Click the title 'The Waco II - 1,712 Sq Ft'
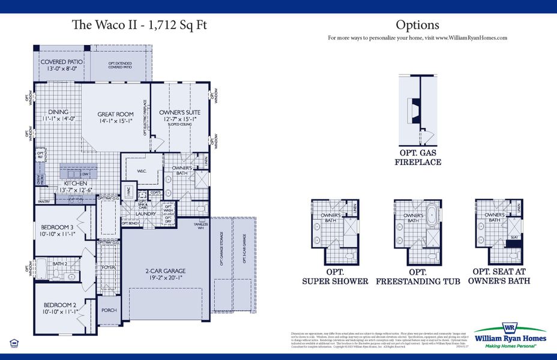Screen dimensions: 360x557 [x=140, y=25]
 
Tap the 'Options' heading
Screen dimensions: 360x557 [x=417, y=25]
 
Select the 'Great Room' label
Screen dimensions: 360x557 [x=116, y=114]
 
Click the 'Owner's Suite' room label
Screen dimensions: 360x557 [x=179, y=112]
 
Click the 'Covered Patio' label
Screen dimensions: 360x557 [x=61, y=62]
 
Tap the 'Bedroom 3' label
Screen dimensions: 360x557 [x=57, y=227]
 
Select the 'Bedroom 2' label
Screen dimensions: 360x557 [x=58, y=305]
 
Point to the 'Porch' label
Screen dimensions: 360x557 [x=109, y=310]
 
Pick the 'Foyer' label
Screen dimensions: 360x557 [x=108, y=268]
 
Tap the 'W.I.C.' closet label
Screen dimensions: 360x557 [x=142, y=171]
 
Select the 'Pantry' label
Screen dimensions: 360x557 [x=43, y=202]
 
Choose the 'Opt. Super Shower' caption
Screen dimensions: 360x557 [x=335, y=277]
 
